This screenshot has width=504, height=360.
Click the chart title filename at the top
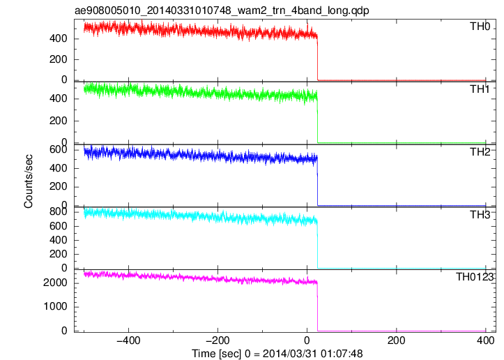point(222,10)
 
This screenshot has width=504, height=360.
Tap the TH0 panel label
point(480,27)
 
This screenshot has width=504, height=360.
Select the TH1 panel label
point(480,89)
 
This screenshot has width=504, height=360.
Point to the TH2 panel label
point(480,152)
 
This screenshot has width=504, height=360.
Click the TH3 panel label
point(480,215)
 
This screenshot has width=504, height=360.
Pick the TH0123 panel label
point(475,277)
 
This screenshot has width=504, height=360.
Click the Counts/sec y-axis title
point(29,181)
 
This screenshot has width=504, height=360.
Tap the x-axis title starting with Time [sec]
point(277,354)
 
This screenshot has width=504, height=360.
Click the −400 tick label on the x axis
point(128,340)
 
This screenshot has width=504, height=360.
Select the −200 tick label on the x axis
point(217,340)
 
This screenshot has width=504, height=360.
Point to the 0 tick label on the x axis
point(307,340)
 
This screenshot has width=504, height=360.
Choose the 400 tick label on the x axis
point(485,340)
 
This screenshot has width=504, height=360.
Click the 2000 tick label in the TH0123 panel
point(55,283)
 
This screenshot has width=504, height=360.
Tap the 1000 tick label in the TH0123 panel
point(55,306)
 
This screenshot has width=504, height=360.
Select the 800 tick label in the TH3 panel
point(58,211)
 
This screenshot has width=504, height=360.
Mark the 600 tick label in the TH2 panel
point(58,150)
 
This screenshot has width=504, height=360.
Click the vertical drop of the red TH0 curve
point(318,58)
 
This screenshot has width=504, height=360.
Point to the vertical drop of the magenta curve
point(318,306)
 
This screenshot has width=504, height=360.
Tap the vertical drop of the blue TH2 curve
point(318,182)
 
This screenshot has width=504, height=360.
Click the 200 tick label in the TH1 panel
point(58,121)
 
